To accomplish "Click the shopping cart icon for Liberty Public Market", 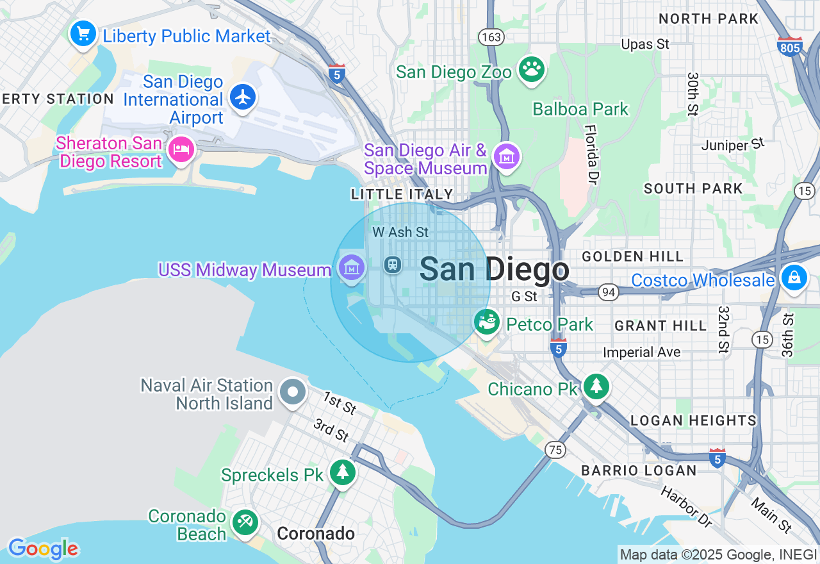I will click(x=83, y=33).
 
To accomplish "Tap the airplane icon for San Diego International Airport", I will click(x=243, y=97).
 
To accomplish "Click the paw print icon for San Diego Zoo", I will click(x=531, y=69).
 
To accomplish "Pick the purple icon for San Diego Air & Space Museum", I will click(x=507, y=156).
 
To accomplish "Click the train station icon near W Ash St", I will click(x=393, y=264).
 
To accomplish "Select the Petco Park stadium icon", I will click(x=488, y=322).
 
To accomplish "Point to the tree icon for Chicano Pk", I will click(x=596, y=386).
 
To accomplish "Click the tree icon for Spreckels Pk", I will click(x=343, y=472).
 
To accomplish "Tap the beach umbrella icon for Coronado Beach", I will click(x=244, y=522).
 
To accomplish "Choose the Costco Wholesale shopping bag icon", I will click(x=794, y=278).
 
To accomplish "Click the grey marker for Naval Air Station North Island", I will click(x=293, y=391).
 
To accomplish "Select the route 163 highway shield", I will click(x=491, y=37).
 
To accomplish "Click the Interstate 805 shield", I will click(x=789, y=47).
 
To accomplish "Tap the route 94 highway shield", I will click(x=608, y=292).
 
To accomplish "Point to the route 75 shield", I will click(x=555, y=450).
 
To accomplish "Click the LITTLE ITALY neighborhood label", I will click(x=402, y=194).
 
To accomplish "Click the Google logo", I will click(x=43, y=549).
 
